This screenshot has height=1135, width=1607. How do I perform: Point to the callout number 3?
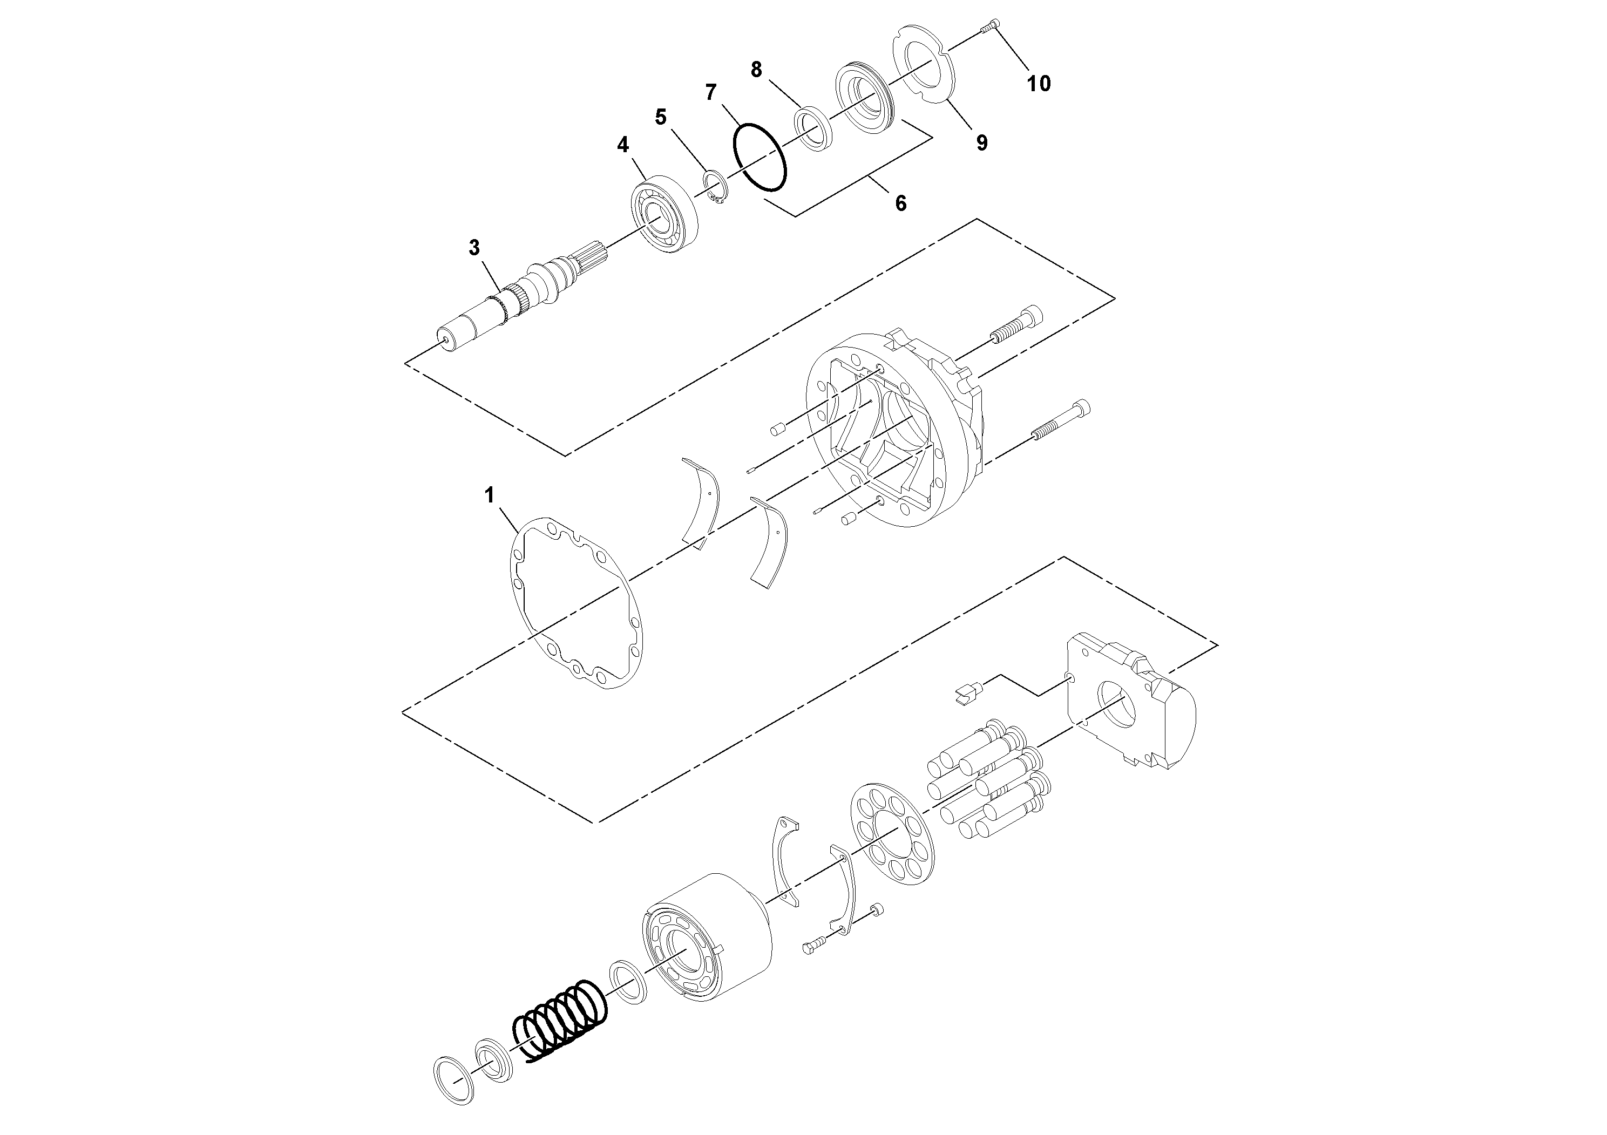474,247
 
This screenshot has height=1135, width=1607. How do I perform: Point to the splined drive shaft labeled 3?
504,301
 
